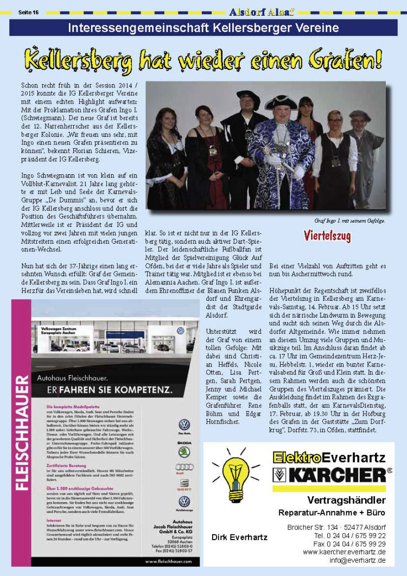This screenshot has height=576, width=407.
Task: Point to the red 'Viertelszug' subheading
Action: pyautogui.click(x=327, y=236)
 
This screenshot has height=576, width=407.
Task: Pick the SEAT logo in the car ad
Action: pyautogui.click(x=185, y=483)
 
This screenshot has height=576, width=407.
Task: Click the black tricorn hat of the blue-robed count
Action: pyautogui.click(x=281, y=102)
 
